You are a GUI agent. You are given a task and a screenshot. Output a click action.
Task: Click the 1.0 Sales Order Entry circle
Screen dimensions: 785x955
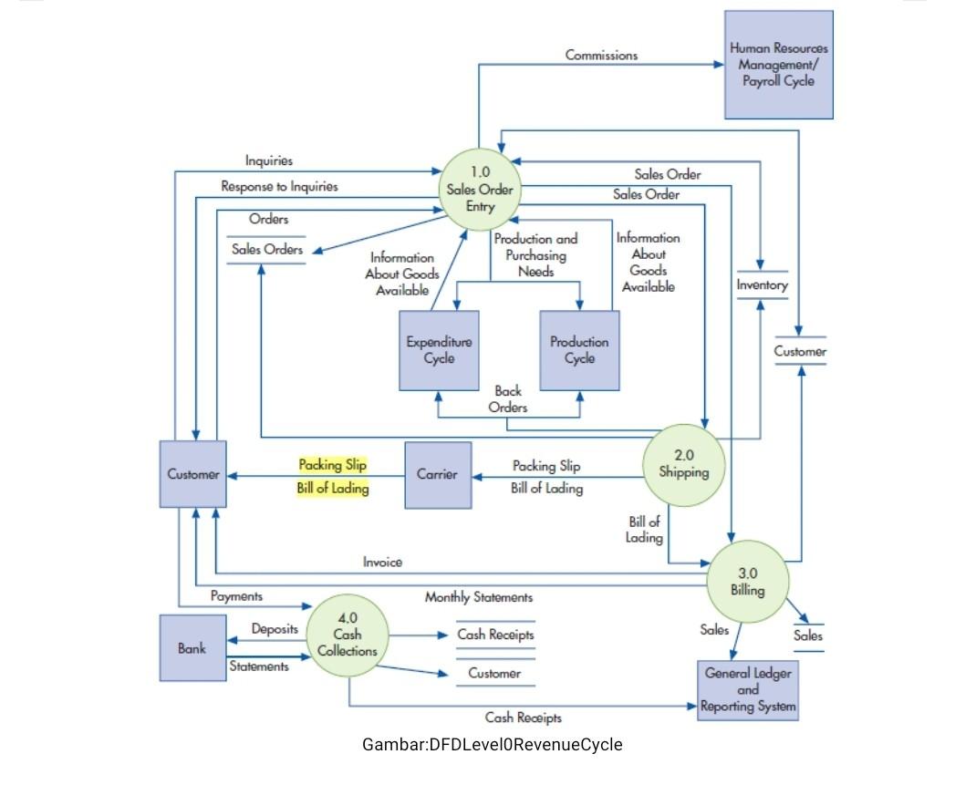point(480,190)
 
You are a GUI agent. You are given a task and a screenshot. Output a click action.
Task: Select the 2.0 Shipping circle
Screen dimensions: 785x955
point(683,464)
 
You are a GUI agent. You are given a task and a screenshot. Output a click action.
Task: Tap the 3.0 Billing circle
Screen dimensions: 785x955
point(747,582)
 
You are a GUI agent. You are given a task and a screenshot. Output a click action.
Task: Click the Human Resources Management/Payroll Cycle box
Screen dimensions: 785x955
point(778,65)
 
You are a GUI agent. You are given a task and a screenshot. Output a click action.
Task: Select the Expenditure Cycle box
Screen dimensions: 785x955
point(440,350)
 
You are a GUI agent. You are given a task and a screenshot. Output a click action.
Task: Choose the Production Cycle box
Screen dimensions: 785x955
point(579,350)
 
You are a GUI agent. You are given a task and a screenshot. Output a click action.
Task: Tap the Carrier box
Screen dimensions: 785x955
point(438,475)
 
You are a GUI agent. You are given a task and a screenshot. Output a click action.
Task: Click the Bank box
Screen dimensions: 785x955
point(192,648)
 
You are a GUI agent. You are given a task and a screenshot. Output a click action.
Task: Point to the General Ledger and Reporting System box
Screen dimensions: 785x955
point(748,689)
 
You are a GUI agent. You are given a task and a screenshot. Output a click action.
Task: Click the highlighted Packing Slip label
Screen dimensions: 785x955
point(333,465)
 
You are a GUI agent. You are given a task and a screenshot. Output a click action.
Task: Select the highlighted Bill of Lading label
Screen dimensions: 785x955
point(333,489)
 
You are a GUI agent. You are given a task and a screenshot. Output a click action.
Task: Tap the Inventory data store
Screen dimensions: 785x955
point(762,285)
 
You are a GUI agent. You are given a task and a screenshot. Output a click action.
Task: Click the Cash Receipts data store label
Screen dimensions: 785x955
point(495,635)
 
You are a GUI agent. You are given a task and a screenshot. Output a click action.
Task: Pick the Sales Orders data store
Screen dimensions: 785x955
point(266,249)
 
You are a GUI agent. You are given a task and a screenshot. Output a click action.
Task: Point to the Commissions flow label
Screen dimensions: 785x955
point(601,55)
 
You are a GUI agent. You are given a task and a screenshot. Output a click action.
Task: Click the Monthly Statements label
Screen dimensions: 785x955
point(478,597)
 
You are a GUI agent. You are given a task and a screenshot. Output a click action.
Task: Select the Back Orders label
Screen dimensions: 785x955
point(508,399)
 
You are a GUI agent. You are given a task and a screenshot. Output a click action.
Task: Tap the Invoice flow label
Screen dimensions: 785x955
point(382,562)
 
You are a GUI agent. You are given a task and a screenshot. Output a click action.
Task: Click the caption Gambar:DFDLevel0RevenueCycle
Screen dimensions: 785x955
point(493,744)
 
